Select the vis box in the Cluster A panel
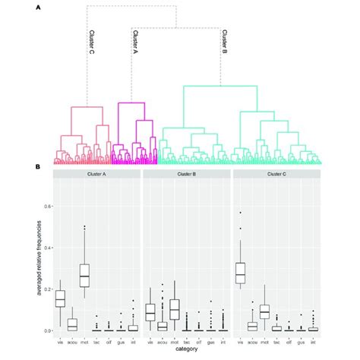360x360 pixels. (x=61, y=299)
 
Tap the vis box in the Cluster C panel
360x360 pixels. (x=240, y=273)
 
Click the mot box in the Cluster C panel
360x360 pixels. (x=264, y=311)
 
